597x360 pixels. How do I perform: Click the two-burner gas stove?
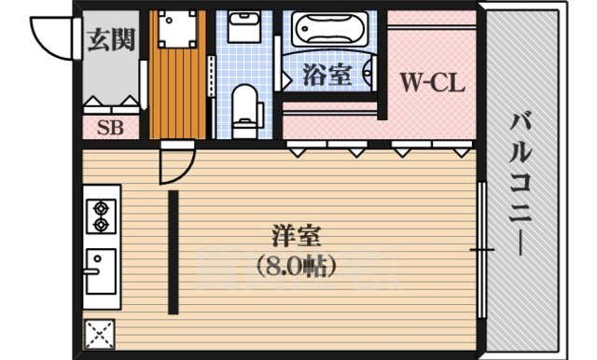tap(100, 216)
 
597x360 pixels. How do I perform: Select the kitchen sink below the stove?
tap(100, 270)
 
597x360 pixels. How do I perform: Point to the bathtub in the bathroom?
tap(329, 31)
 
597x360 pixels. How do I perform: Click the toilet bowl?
tap(245, 107)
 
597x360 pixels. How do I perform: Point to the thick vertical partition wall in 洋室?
tap(174, 252)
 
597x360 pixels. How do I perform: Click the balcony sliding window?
tap(482, 250)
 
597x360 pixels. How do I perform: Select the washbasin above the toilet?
tap(245, 29)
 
